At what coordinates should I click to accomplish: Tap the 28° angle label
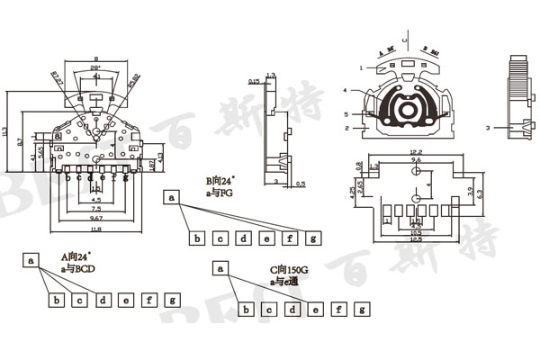click(x=96, y=68)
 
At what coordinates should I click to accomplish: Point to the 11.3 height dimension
click(x=7, y=136)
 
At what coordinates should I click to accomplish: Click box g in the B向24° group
click(x=312, y=238)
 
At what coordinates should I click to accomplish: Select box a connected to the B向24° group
click(x=173, y=196)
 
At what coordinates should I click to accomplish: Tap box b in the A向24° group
click(x=57, y=300)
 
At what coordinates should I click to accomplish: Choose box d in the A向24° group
click(x=103, y=300)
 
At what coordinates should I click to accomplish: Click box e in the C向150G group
click(x=315, y=310)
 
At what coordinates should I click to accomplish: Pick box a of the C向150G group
click(x=220, y=267)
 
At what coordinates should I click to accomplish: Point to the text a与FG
click(x=220, y=192)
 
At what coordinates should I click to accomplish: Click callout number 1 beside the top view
click(x=360, y=67)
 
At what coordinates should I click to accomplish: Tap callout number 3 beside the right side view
click(x=487, y=129)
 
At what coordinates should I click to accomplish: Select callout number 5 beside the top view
click(x=346, y=114)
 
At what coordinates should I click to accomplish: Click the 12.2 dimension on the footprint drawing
click(x=416, y=152)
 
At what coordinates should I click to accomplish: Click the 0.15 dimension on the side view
click(x=254, y=82)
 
